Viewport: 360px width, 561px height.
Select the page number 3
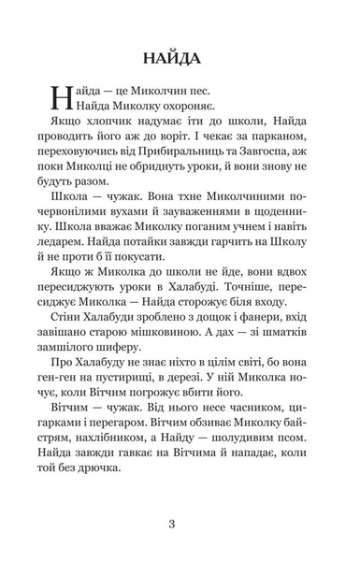click(x=180, y=522)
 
